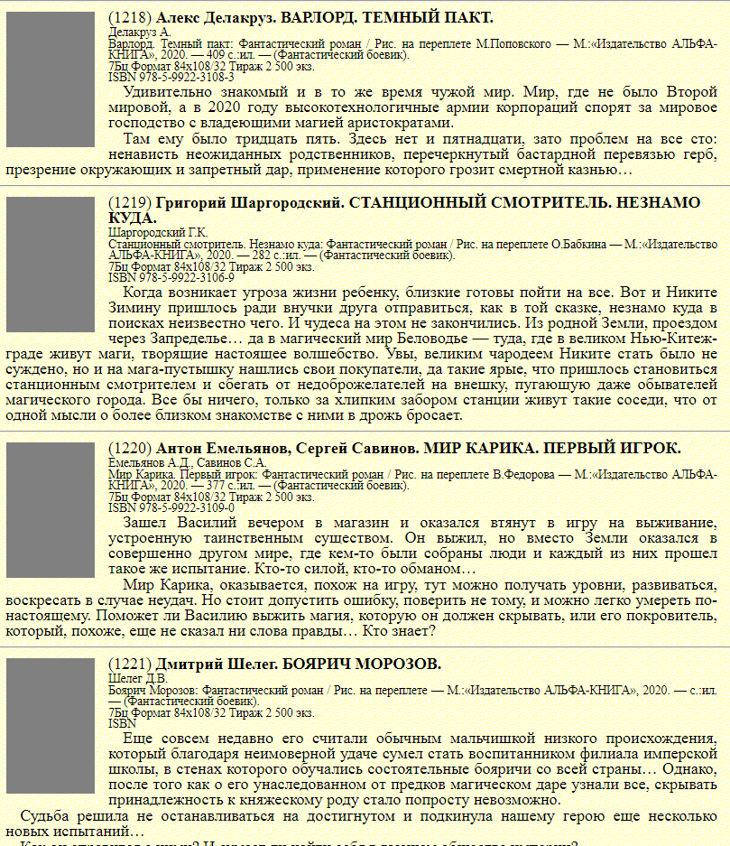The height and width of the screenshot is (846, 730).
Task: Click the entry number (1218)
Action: click(130, 18)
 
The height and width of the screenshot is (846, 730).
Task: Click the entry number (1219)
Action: click(130, 203)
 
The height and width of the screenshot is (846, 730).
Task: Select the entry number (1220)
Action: click(130, 449)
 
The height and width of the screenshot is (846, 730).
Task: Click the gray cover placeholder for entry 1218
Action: click(51, 79)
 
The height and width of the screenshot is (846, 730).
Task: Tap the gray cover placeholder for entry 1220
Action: click(51, 510)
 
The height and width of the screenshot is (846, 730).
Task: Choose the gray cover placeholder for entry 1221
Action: click(51, 726)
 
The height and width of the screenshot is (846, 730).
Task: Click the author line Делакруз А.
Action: click(139, 32)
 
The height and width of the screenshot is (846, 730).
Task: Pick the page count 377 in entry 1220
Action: click(216, 485)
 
